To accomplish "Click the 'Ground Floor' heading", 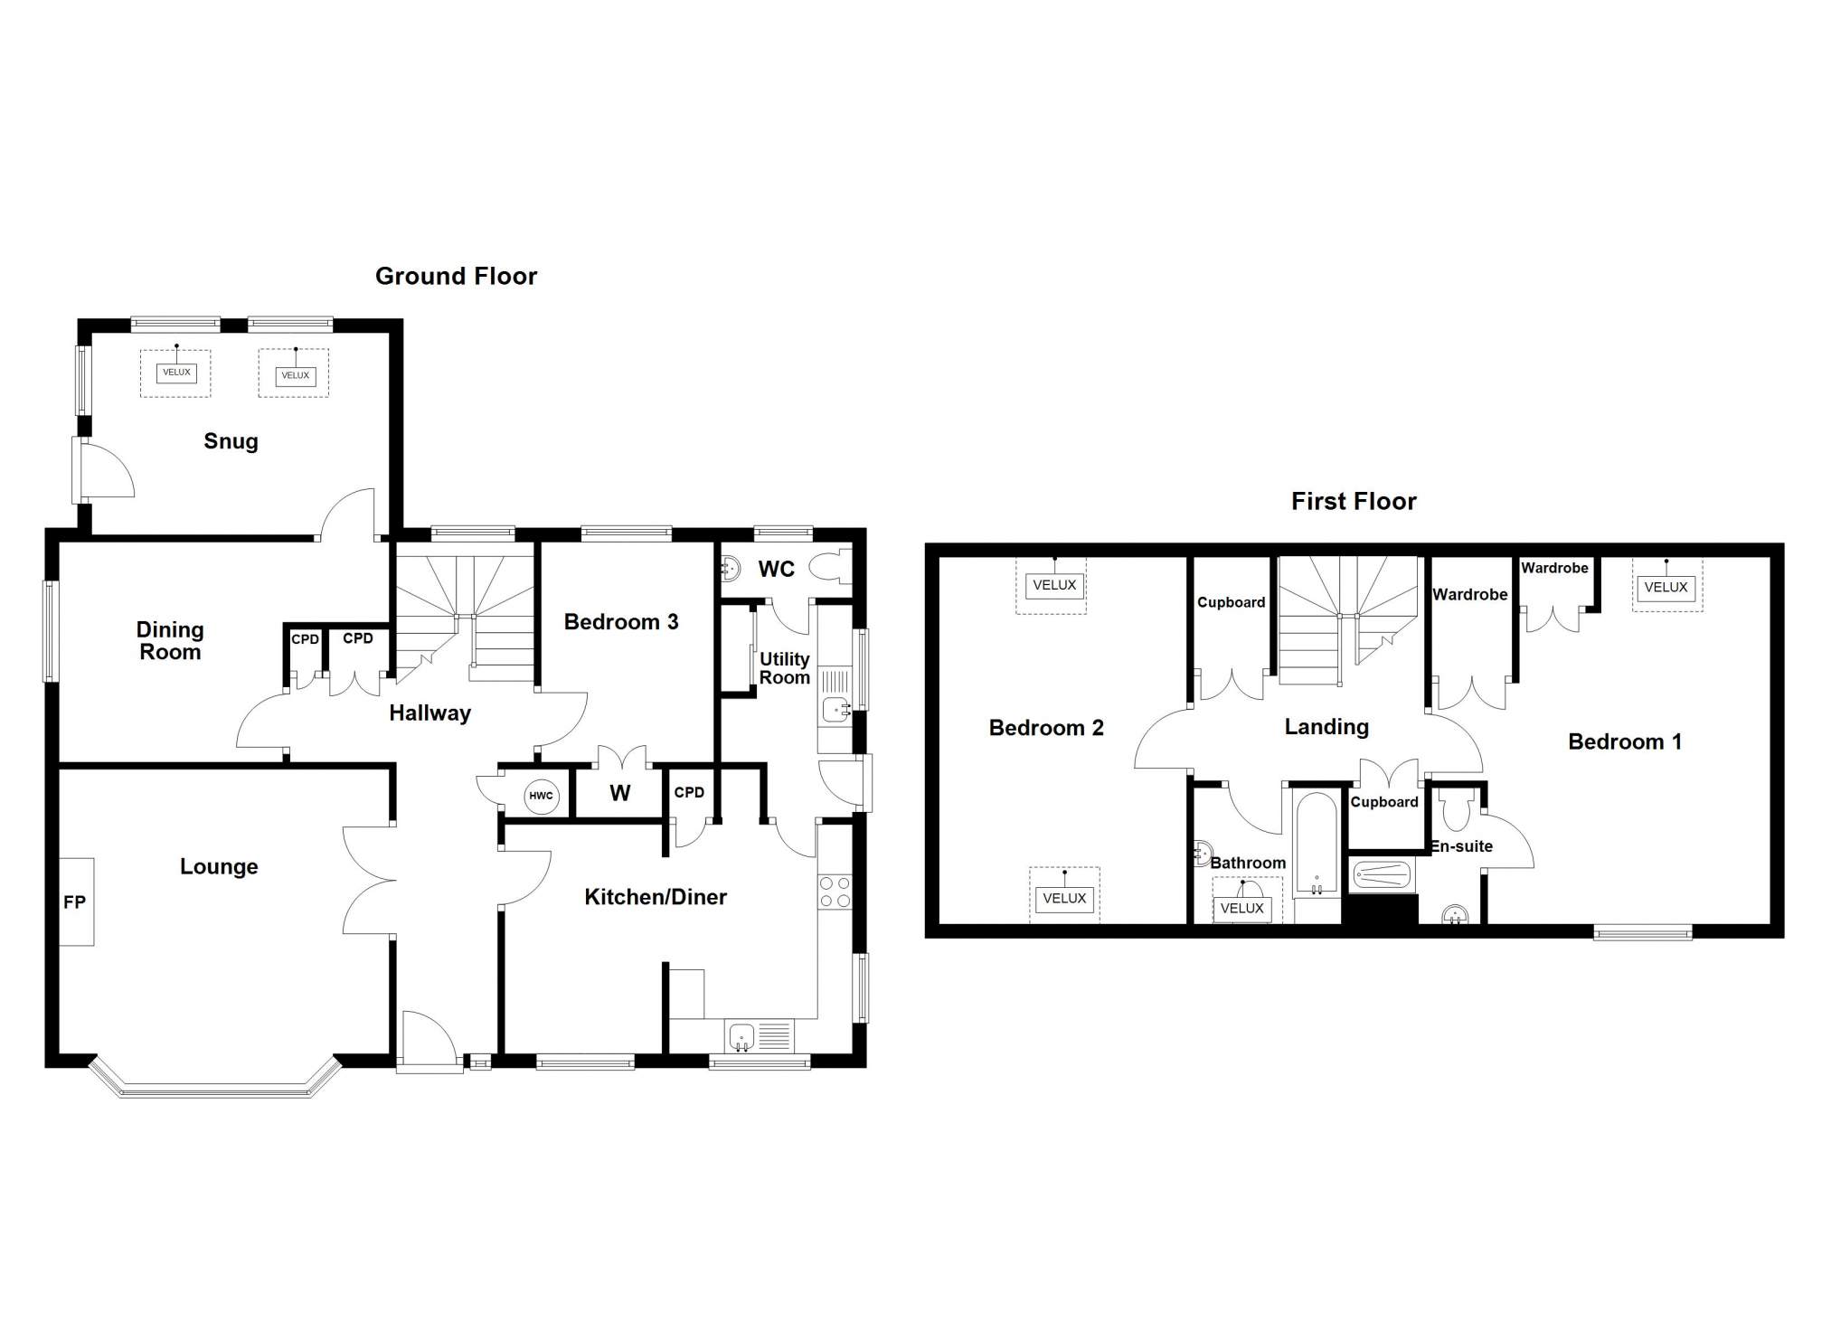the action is pos(456,276).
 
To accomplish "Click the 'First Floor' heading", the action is pos(1354,501).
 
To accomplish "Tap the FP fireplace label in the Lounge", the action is pos(74,901).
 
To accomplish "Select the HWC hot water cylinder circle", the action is pos(541,796).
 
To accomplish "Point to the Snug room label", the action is pos(231,441).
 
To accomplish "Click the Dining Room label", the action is pos(170,640).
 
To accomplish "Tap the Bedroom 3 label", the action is pos(621,621).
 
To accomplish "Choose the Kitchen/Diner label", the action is pos(656,897).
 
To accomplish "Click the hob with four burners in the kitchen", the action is pos(835,892).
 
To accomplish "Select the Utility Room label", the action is pos(784,668).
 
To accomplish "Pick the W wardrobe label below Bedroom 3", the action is pos(619,793).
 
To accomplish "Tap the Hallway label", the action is pos(429,713).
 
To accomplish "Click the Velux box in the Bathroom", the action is pos(1241,908).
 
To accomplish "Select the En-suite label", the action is pos(1461,846).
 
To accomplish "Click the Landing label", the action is pos(1326,727).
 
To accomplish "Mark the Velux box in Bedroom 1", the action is pos(1666,587).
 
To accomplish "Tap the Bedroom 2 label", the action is pos(1046,728).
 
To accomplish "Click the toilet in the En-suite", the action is pos(1455,809).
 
